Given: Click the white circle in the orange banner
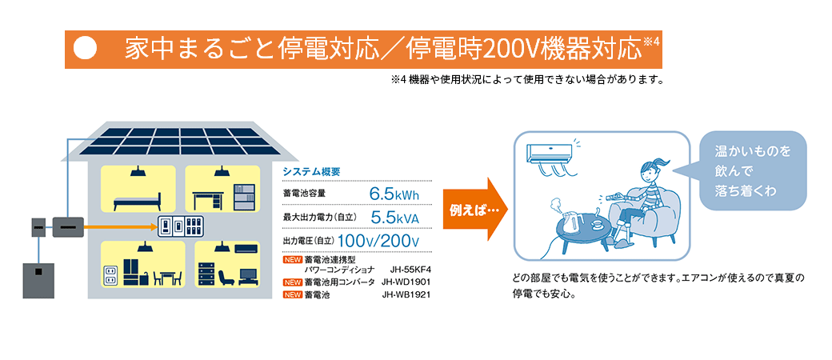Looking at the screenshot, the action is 85,48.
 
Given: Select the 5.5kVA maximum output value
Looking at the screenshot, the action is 394,217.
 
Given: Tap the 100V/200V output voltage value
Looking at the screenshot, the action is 378,241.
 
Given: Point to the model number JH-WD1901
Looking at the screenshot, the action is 406,282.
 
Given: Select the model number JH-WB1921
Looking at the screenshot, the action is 406,294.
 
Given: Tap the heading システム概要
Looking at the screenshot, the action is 311,171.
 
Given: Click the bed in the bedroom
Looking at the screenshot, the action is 138,202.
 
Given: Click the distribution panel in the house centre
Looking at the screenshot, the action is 181,226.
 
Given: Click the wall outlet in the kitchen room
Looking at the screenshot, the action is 110,274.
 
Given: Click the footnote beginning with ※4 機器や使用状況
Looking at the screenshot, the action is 527,81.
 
